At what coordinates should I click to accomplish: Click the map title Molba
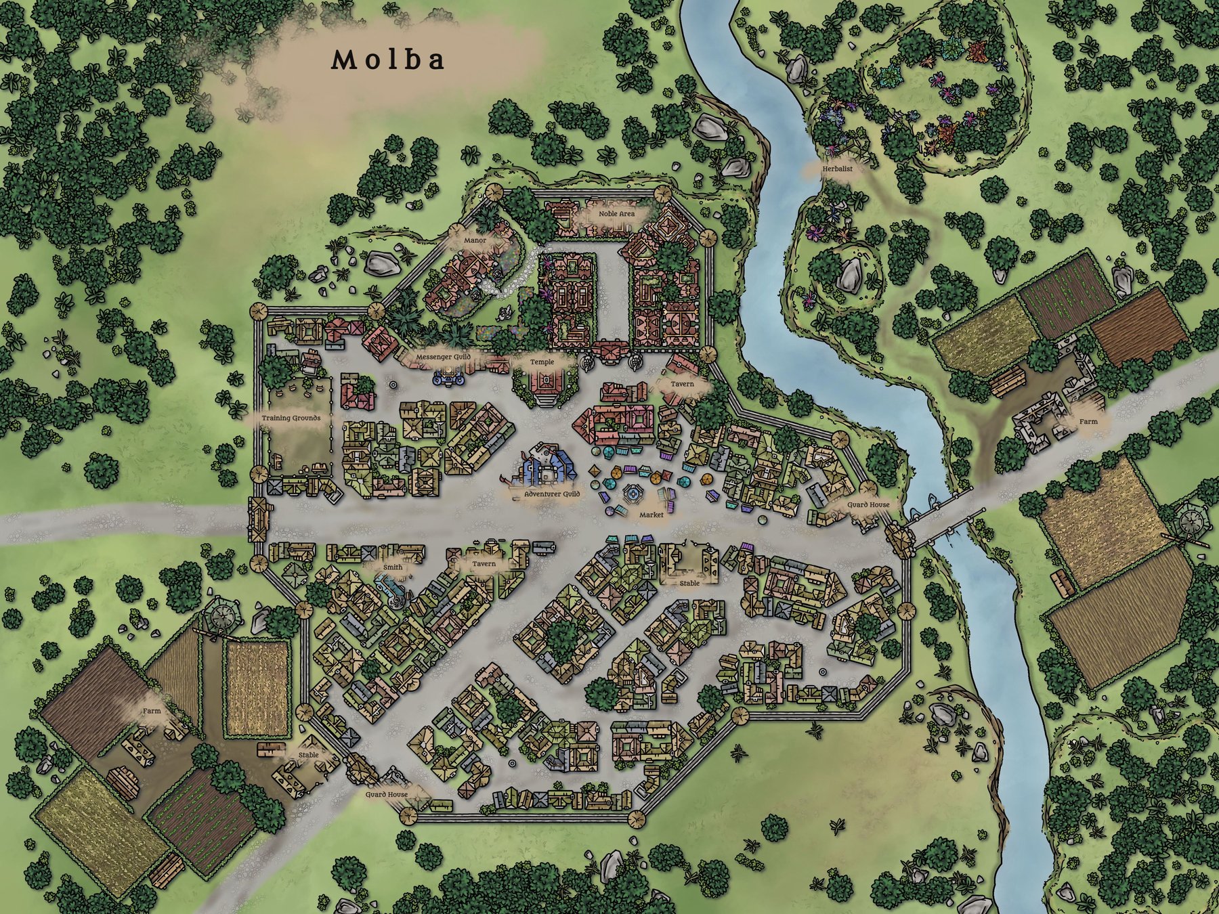(x=388, y=60)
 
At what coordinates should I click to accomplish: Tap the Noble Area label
(x=616, y=214)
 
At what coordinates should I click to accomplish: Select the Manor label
(x=475, y=240)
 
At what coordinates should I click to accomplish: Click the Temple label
(x=542, y=362)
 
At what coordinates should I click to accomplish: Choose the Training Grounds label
(x=291, y=418)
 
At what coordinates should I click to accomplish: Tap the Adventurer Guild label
(x=552, y=495)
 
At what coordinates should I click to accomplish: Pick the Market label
(x=651, y=515)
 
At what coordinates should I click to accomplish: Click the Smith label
(x=392, y=567)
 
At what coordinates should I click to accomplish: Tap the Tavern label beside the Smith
(x=484, y=564)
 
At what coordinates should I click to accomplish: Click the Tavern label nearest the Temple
(x=683, y=384)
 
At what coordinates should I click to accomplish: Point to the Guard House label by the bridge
(x=868, y=505)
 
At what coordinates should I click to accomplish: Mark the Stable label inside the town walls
(x=689, y=582)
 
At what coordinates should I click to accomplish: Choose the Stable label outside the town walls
(x=308, y=755)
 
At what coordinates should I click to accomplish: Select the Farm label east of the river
(x=1088, y=421)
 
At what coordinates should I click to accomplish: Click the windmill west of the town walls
(x=221, y=616)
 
